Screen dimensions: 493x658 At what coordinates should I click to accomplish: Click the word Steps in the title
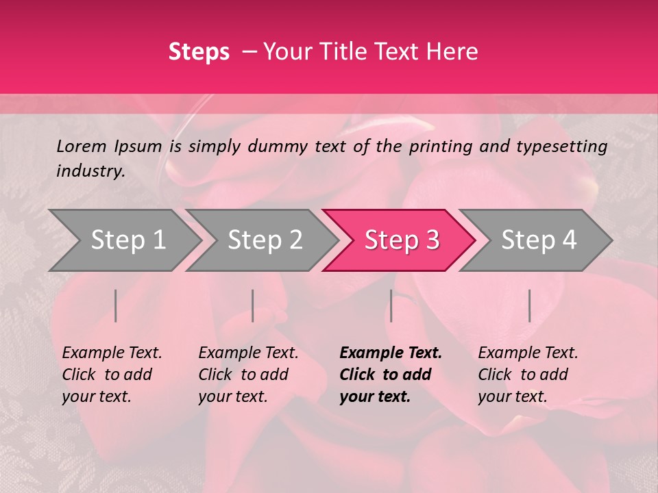(199, 52)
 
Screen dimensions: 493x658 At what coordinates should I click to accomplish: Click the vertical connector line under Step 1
(116, 305)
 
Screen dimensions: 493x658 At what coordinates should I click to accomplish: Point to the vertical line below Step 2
(253, 305)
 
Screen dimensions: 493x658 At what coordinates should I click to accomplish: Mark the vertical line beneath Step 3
(391, 305)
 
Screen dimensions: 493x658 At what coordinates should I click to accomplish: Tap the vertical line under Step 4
(529, 305)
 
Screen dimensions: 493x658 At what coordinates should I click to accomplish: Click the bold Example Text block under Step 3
(391, 375)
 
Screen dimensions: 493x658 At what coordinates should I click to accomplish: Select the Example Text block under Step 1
(112, 375)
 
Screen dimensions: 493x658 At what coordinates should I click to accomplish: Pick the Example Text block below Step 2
(248, 375)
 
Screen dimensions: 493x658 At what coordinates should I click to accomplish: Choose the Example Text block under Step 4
(528, 375)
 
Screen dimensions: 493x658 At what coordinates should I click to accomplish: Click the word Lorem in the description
(82, 146)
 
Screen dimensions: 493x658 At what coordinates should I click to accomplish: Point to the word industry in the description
(90, 171)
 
